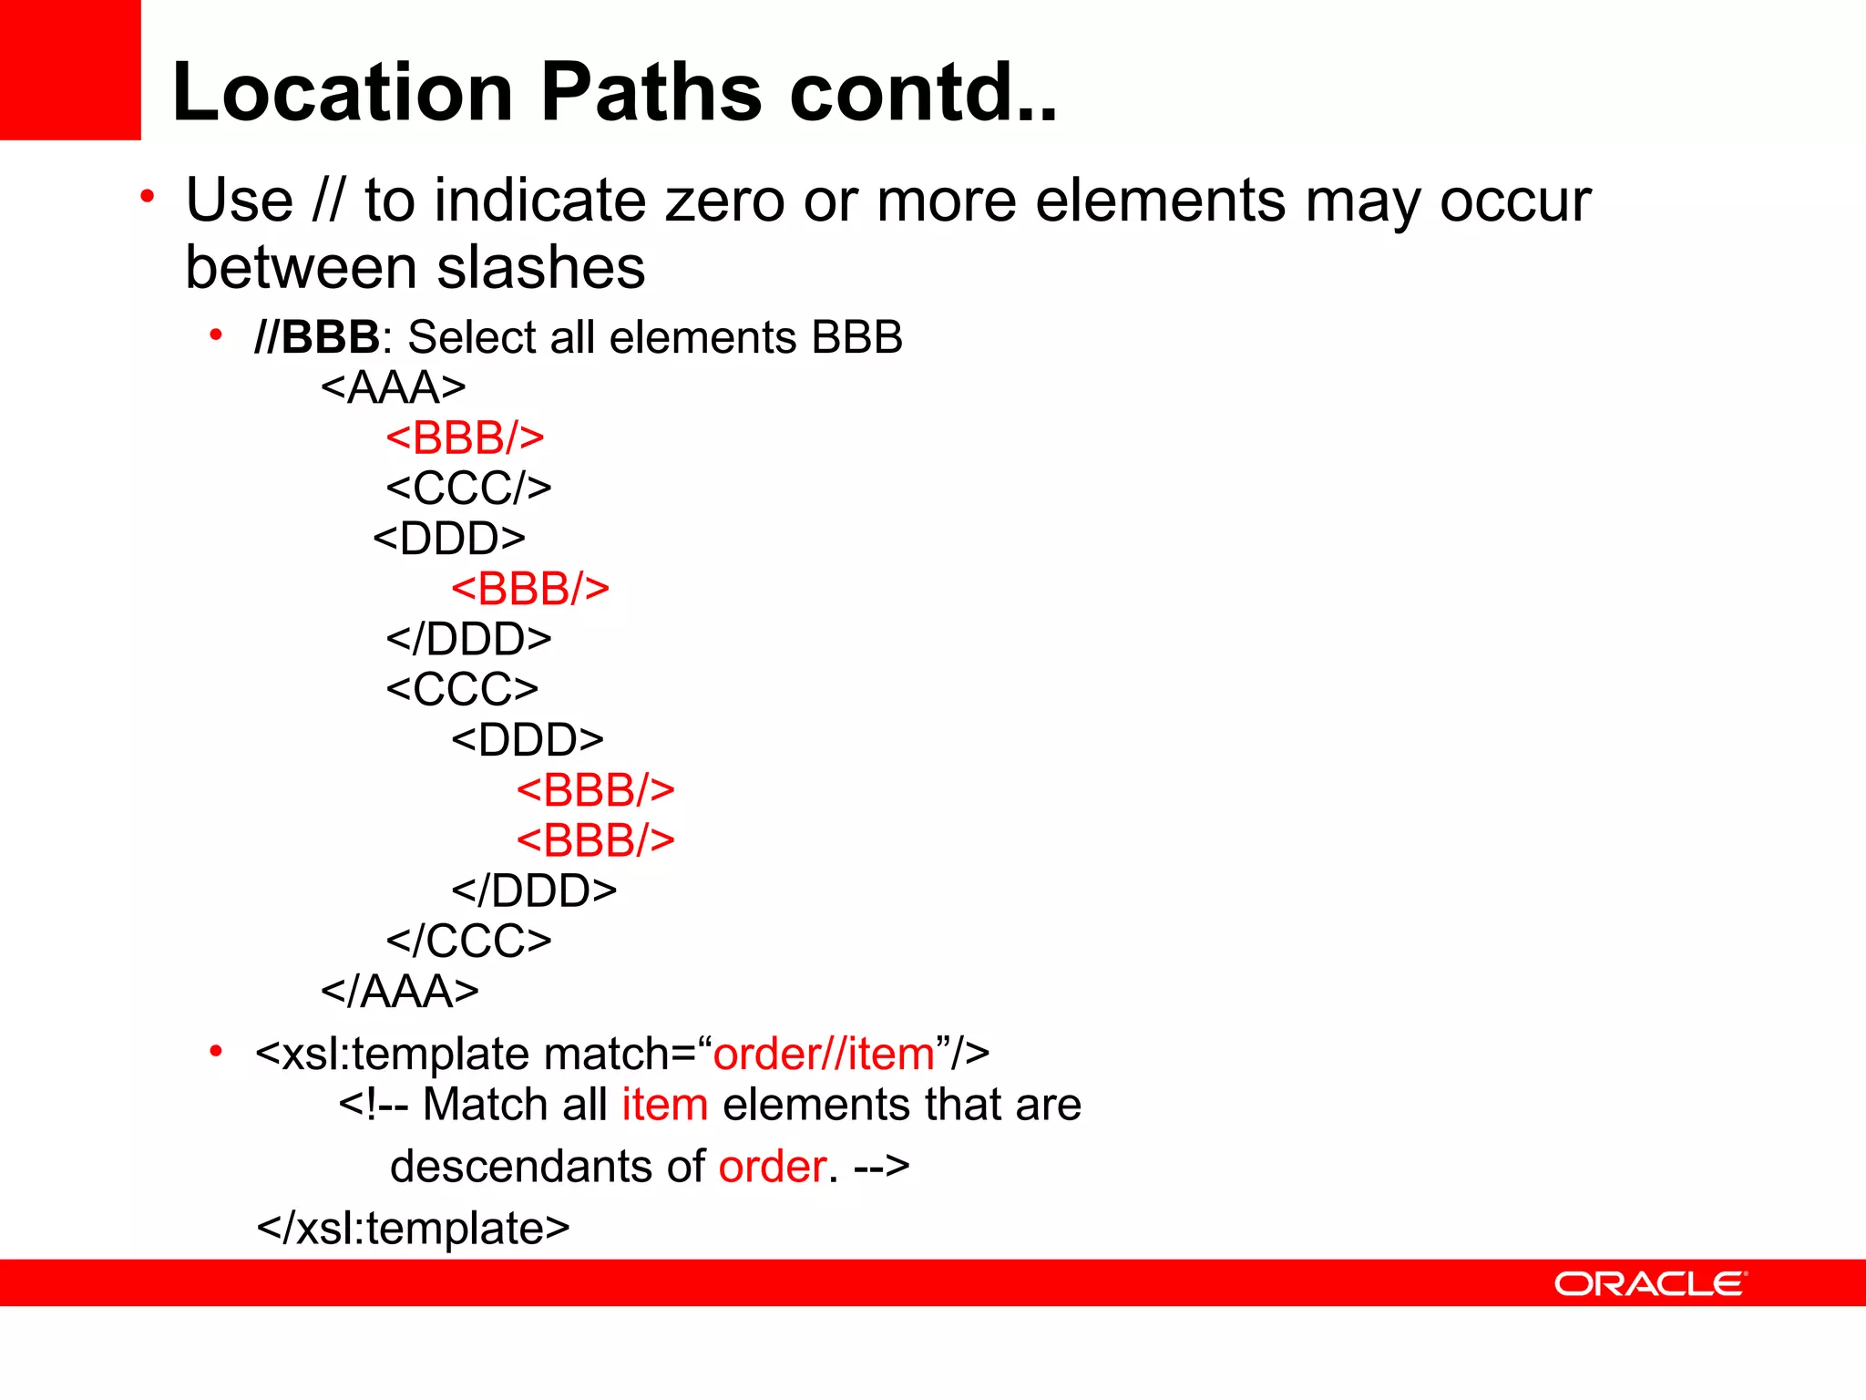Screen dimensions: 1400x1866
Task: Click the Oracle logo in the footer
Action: point(1649,1283)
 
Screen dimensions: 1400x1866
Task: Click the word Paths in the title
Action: point(651,92)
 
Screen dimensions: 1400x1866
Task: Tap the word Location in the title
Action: point(343,92)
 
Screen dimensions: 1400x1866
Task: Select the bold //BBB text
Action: point(316,337)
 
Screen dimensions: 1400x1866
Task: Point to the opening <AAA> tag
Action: point(394,387)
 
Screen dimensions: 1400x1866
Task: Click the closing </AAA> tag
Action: point(399,991)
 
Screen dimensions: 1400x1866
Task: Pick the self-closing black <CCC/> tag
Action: point(468,488)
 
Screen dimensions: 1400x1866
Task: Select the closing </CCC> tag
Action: point(468,941)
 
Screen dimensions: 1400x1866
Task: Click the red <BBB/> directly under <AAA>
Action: point(465,437)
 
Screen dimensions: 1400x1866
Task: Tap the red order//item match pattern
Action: point(824,1054)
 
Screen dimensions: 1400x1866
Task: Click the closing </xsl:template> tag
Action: point(413,1228)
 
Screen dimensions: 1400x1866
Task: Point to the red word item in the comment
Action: point(664,1105)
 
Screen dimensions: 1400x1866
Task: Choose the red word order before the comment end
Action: point(773,1167)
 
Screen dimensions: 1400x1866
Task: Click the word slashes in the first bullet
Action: point(541,268)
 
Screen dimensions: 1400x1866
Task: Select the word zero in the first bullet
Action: point(724,201)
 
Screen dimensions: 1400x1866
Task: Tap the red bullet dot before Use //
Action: point(148,196)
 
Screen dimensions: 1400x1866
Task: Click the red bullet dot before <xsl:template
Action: point(216,1052)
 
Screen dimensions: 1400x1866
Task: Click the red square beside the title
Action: point(70,70)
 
